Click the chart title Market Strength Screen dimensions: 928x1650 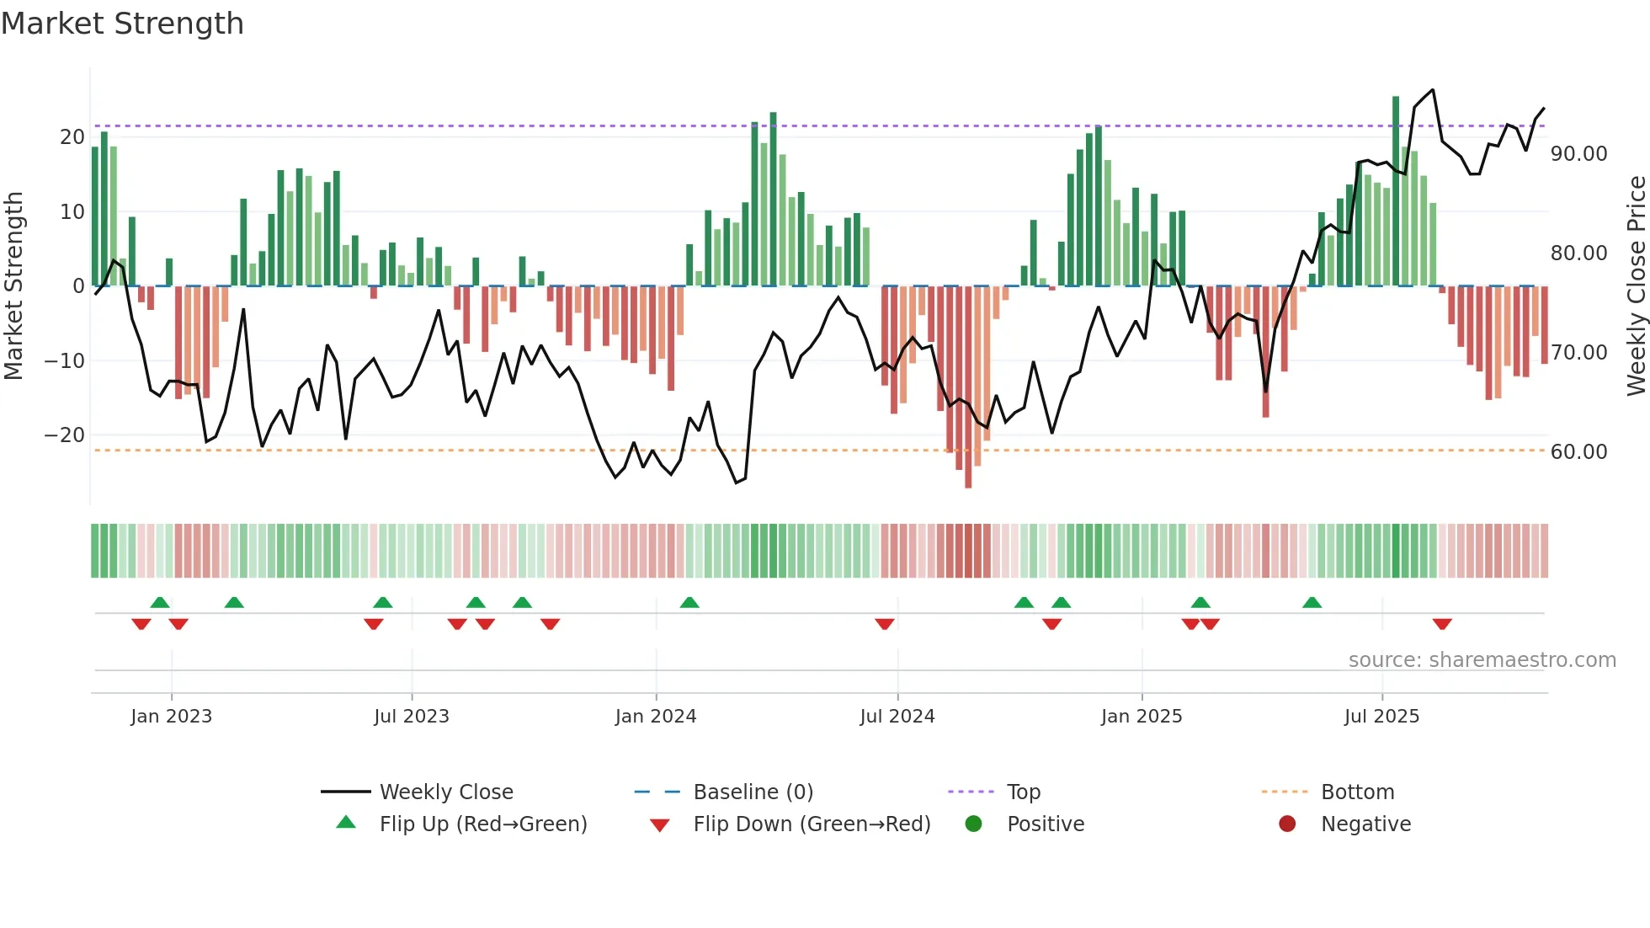pyautogui.click(x=122, y=24)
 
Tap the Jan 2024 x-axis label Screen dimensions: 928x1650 pyautogui.click(x=656, y=717)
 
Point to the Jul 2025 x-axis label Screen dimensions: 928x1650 pyautogui.click(x=1381, y=717)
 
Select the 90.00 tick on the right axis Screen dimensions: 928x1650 pyautogui.click(x=1578, y=154)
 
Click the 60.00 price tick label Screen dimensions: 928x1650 pyautogui.click(x=1578, y=452)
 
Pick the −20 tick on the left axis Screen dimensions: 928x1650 pyautogui.click(x=64, y=435)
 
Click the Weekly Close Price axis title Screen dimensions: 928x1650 pyautogui.click(x=1636, y=286)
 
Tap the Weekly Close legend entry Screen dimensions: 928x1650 pyautogui.click(x=445, y=792)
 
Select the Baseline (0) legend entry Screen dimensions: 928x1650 pyautogui.click(x=753, y=792)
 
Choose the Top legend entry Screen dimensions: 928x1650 pyautogui.click(x=1023, y=792)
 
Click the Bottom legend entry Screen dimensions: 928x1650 pyautogui.click(x=1357, y=792)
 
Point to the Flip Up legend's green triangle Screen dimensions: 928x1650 pyautogui.click(x=346, y=823)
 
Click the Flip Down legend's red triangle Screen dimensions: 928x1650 pyautogui.click(x=660, y=825)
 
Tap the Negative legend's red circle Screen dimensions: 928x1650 pyautogui.click(x=1287, y=824)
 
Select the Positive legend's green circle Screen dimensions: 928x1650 pyautogui.click(x=973, y=824)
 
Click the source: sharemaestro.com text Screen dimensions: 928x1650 pyautogui.click(x=1482, y=660)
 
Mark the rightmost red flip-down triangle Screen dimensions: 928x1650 pyautogui.click(x=1442, y=624)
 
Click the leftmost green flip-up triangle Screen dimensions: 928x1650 pyautogui.click(x=160, y=602)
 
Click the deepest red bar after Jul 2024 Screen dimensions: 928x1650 pyautogui.click(x=968, y=387)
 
